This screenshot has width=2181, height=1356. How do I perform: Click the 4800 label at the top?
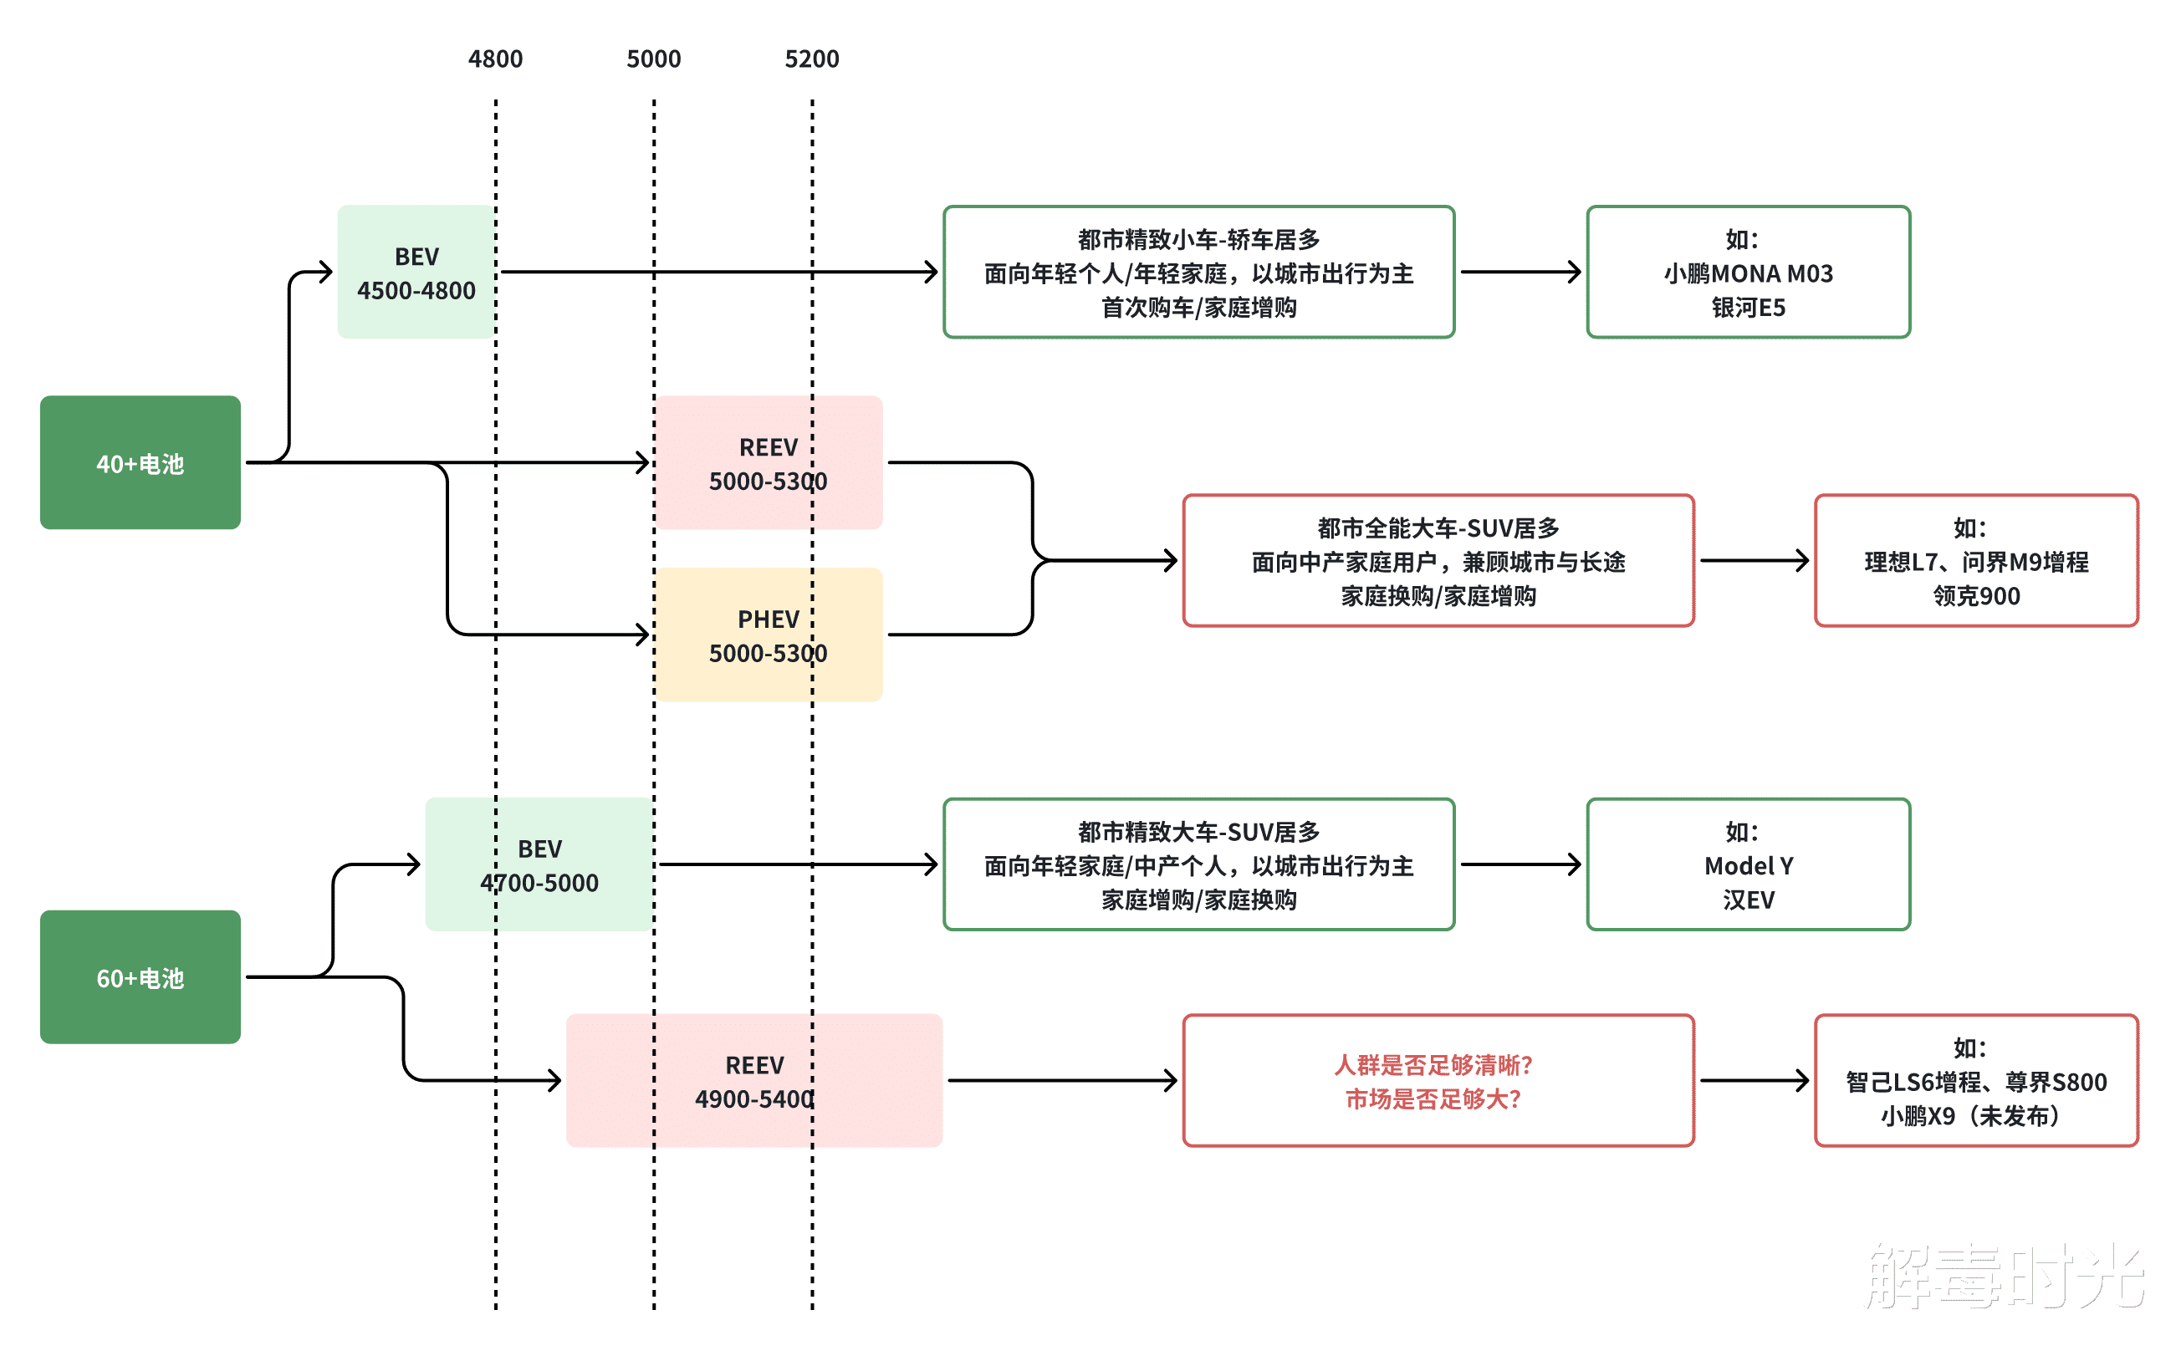[495, 59]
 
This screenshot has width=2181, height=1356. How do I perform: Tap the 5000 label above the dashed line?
[653, 59]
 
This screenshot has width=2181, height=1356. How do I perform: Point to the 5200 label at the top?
[811, 59]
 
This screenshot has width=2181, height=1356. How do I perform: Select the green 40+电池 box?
[140, 463]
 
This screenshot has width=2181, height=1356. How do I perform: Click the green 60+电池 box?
[140, 977]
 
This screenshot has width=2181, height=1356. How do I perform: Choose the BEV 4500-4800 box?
[416, 273]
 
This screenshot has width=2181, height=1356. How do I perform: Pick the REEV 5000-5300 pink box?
[768, 463]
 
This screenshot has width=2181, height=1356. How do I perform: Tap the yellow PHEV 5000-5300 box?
[768, 635]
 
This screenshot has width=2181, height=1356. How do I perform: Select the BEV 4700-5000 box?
[539, 864]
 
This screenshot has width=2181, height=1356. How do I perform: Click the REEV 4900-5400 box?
[753, 1081]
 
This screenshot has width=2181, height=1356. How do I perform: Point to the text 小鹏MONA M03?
[1748, 273]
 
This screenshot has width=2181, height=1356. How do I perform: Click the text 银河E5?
[1748, 308]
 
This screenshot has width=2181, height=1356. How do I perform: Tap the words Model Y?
[1748, 865]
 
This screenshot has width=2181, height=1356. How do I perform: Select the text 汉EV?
[1748, 900]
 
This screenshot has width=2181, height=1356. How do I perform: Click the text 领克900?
[1975, 595]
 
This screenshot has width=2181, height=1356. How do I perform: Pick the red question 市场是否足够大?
[1433, 1099]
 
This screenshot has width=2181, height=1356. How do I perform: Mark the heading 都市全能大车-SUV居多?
[1438, 528]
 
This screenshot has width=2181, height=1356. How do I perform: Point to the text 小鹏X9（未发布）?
[1975, 1116]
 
